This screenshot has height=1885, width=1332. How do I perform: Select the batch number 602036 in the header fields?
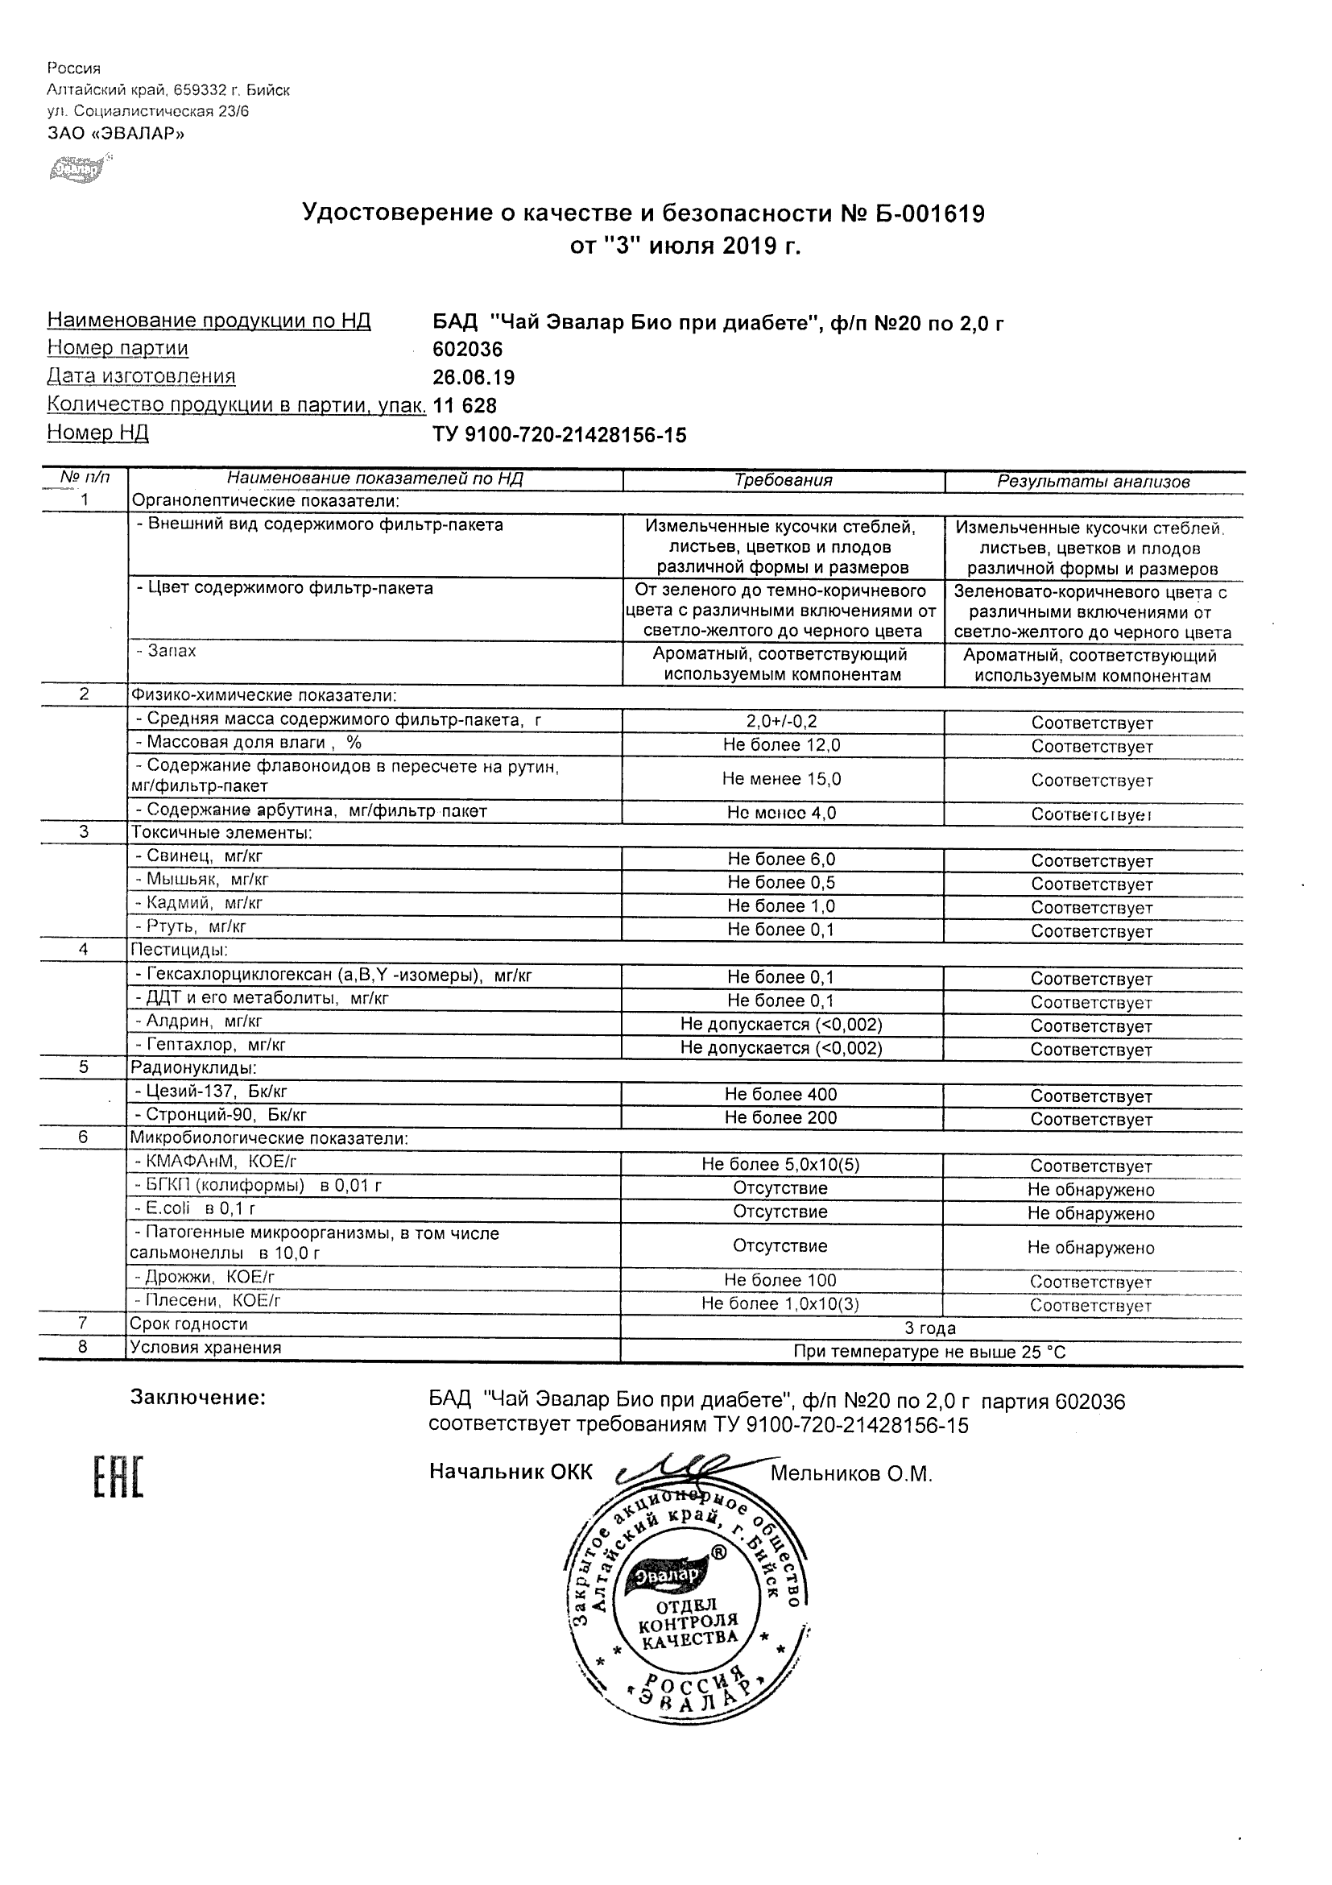[x=467, y=350]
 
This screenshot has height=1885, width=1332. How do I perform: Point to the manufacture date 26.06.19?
[x=474, y=378]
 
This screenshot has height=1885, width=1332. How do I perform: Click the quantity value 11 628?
[x=465, y=405]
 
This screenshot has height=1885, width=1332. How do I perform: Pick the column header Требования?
[x=783, y=481]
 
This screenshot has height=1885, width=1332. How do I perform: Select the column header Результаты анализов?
[x=1093, y=482]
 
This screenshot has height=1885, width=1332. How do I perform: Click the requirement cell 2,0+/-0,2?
[x=781, y=722]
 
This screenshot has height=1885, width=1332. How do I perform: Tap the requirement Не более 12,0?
[x=781, y=745]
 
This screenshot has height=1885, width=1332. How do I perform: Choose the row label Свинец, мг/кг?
[x=199, y=856]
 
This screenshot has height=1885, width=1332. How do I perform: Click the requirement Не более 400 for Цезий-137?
[x=780, y=1095]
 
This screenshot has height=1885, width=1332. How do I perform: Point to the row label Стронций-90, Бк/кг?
[x=220, y=1115]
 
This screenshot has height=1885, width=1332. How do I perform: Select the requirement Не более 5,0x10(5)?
[x=780, y=1164]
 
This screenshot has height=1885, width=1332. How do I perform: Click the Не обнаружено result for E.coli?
[x=1090, y=1213]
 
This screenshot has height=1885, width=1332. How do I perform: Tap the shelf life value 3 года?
[x=930, y=1328]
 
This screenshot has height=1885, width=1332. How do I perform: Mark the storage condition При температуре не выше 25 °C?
[x=930, y=1353]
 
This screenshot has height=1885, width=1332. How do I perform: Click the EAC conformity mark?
[x=118, y=1477]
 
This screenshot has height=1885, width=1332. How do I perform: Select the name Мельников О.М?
[x=851, y=1474]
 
